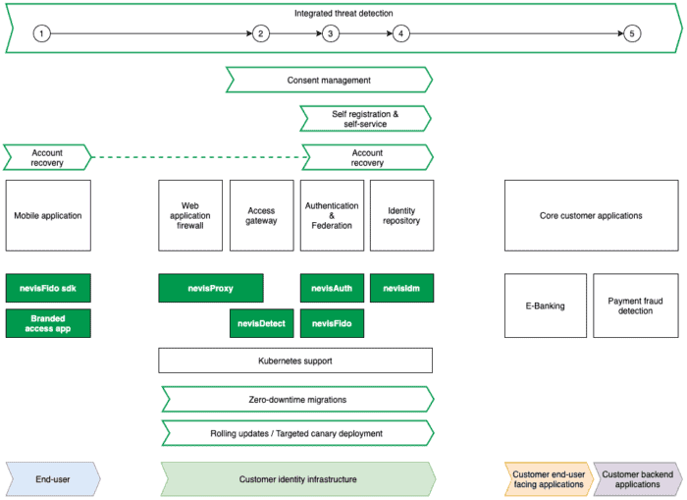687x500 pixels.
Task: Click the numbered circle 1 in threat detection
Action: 41,33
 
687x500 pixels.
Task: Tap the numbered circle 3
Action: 331,33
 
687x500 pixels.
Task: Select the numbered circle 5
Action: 632,33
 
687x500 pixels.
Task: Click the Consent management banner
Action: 329,80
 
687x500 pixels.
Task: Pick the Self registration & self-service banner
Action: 365,119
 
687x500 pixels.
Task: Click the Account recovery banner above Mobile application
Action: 47,157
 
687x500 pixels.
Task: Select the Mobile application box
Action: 48,215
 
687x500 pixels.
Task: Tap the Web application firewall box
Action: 190,215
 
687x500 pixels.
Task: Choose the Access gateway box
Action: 262,215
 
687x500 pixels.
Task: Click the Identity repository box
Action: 401,215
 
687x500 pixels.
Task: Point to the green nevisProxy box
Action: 211,288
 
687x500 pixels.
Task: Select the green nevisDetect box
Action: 262,323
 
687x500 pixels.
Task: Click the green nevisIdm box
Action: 401,288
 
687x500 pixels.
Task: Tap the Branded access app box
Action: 48,323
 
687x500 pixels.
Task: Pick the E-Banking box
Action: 546,306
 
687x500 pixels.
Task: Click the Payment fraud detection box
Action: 636,306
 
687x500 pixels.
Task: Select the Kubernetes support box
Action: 295,361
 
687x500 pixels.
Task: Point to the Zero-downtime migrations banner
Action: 298,399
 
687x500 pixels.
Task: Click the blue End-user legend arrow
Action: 53,479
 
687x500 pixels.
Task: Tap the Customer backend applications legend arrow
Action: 638,479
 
